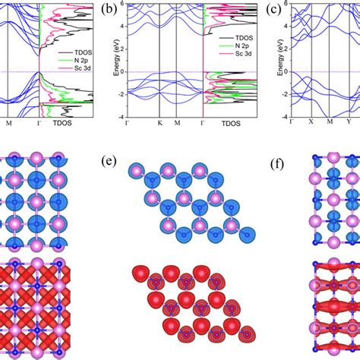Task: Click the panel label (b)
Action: [111, 10]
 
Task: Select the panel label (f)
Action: [277, 162]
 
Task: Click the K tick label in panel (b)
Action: [160, 123]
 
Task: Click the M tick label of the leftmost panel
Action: [9, 123]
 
